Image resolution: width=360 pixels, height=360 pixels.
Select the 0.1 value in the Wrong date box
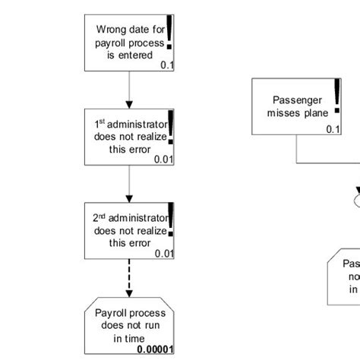pos(168,66)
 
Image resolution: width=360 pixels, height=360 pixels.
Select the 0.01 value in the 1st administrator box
pos(165,159)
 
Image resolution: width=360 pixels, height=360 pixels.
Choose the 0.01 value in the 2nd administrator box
pos(165,254)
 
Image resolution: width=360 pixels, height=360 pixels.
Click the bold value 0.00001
pos(156,350)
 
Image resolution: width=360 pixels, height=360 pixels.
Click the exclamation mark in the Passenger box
pos(337,96)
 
